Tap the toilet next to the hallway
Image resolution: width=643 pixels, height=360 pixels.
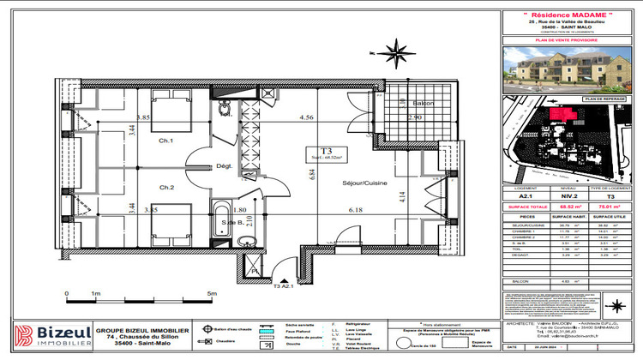tap(225, 108)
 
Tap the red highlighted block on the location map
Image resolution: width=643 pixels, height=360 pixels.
tap(562, 113)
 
